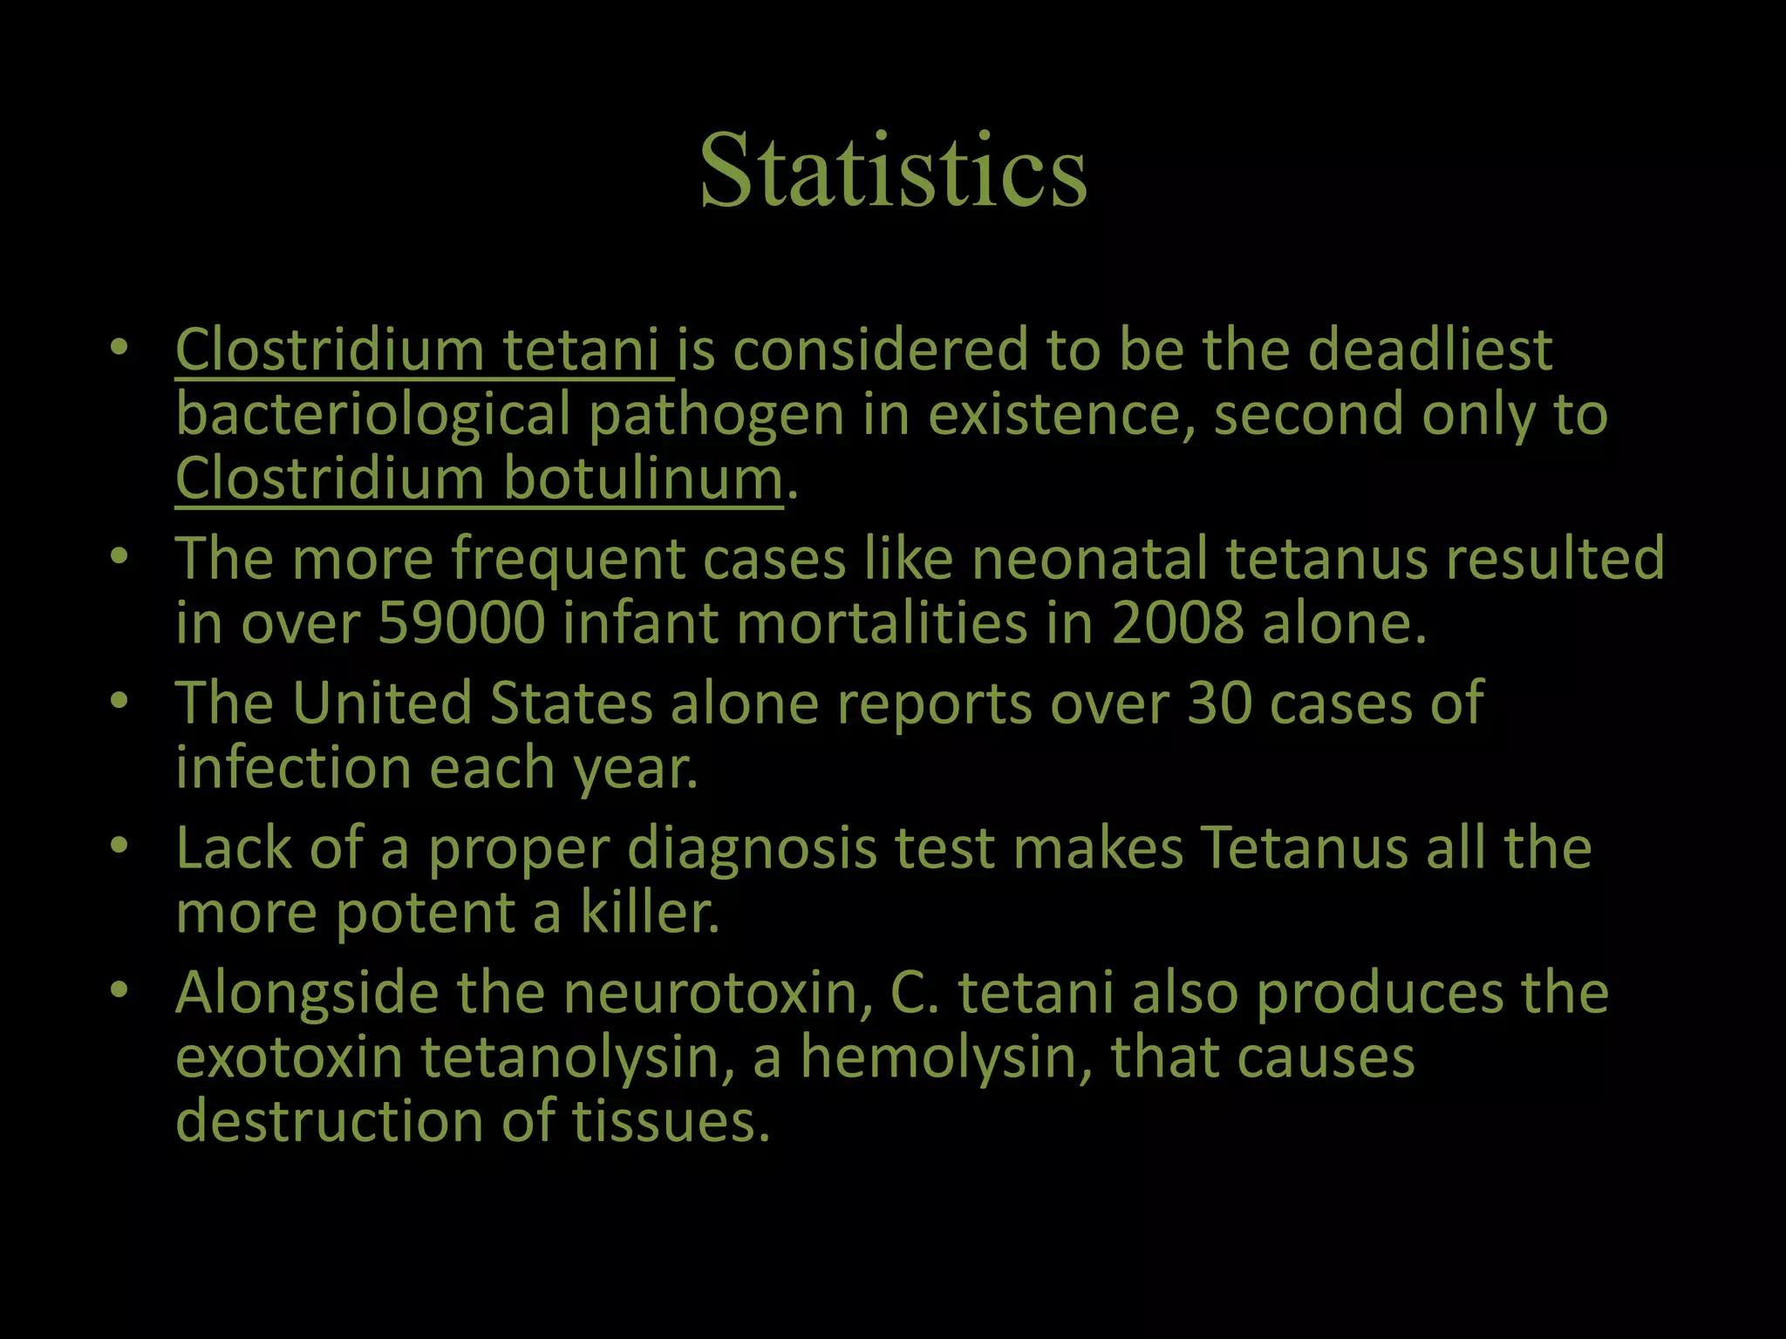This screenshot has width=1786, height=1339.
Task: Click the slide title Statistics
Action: [x=893, y=170]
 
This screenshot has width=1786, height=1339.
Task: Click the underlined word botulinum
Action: [x=643, y=479]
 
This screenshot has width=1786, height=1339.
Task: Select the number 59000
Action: [x=461, y=623]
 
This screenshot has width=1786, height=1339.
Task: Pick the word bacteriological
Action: [x=372, y=415]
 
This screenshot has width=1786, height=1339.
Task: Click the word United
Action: [x=381, y=703]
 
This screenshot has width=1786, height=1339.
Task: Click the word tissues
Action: [x=671, y=1122]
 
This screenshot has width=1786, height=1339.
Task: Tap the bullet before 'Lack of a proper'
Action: [x=119, y=845]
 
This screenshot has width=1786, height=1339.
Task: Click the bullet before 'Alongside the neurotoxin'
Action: [x=119, y=989]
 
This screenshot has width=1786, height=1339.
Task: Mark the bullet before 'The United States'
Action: [x=119, y=700]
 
